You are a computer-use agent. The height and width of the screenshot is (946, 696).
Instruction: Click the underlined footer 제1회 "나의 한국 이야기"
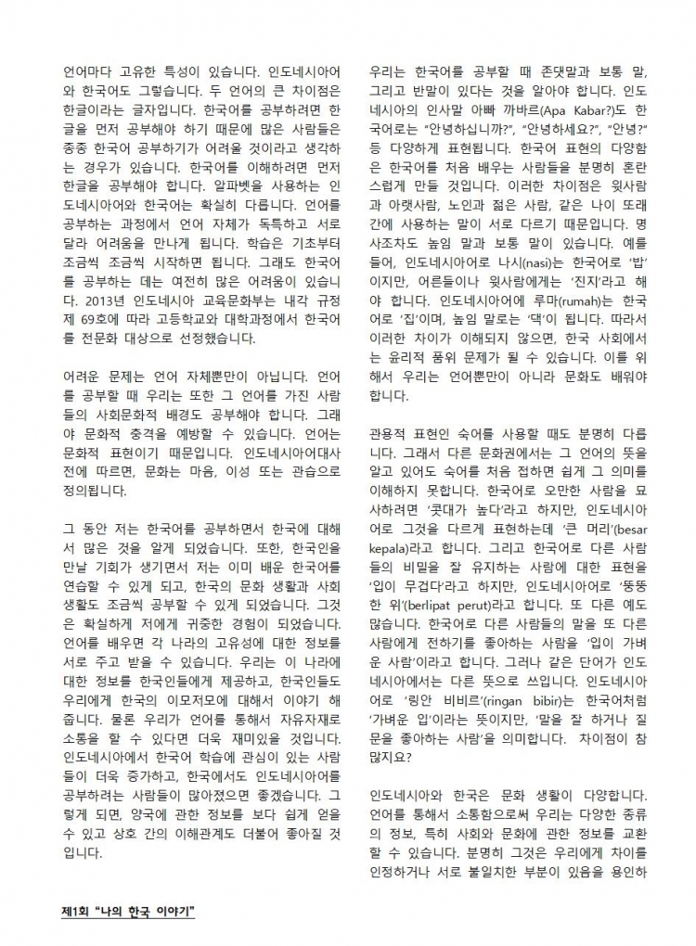[128, 911]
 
